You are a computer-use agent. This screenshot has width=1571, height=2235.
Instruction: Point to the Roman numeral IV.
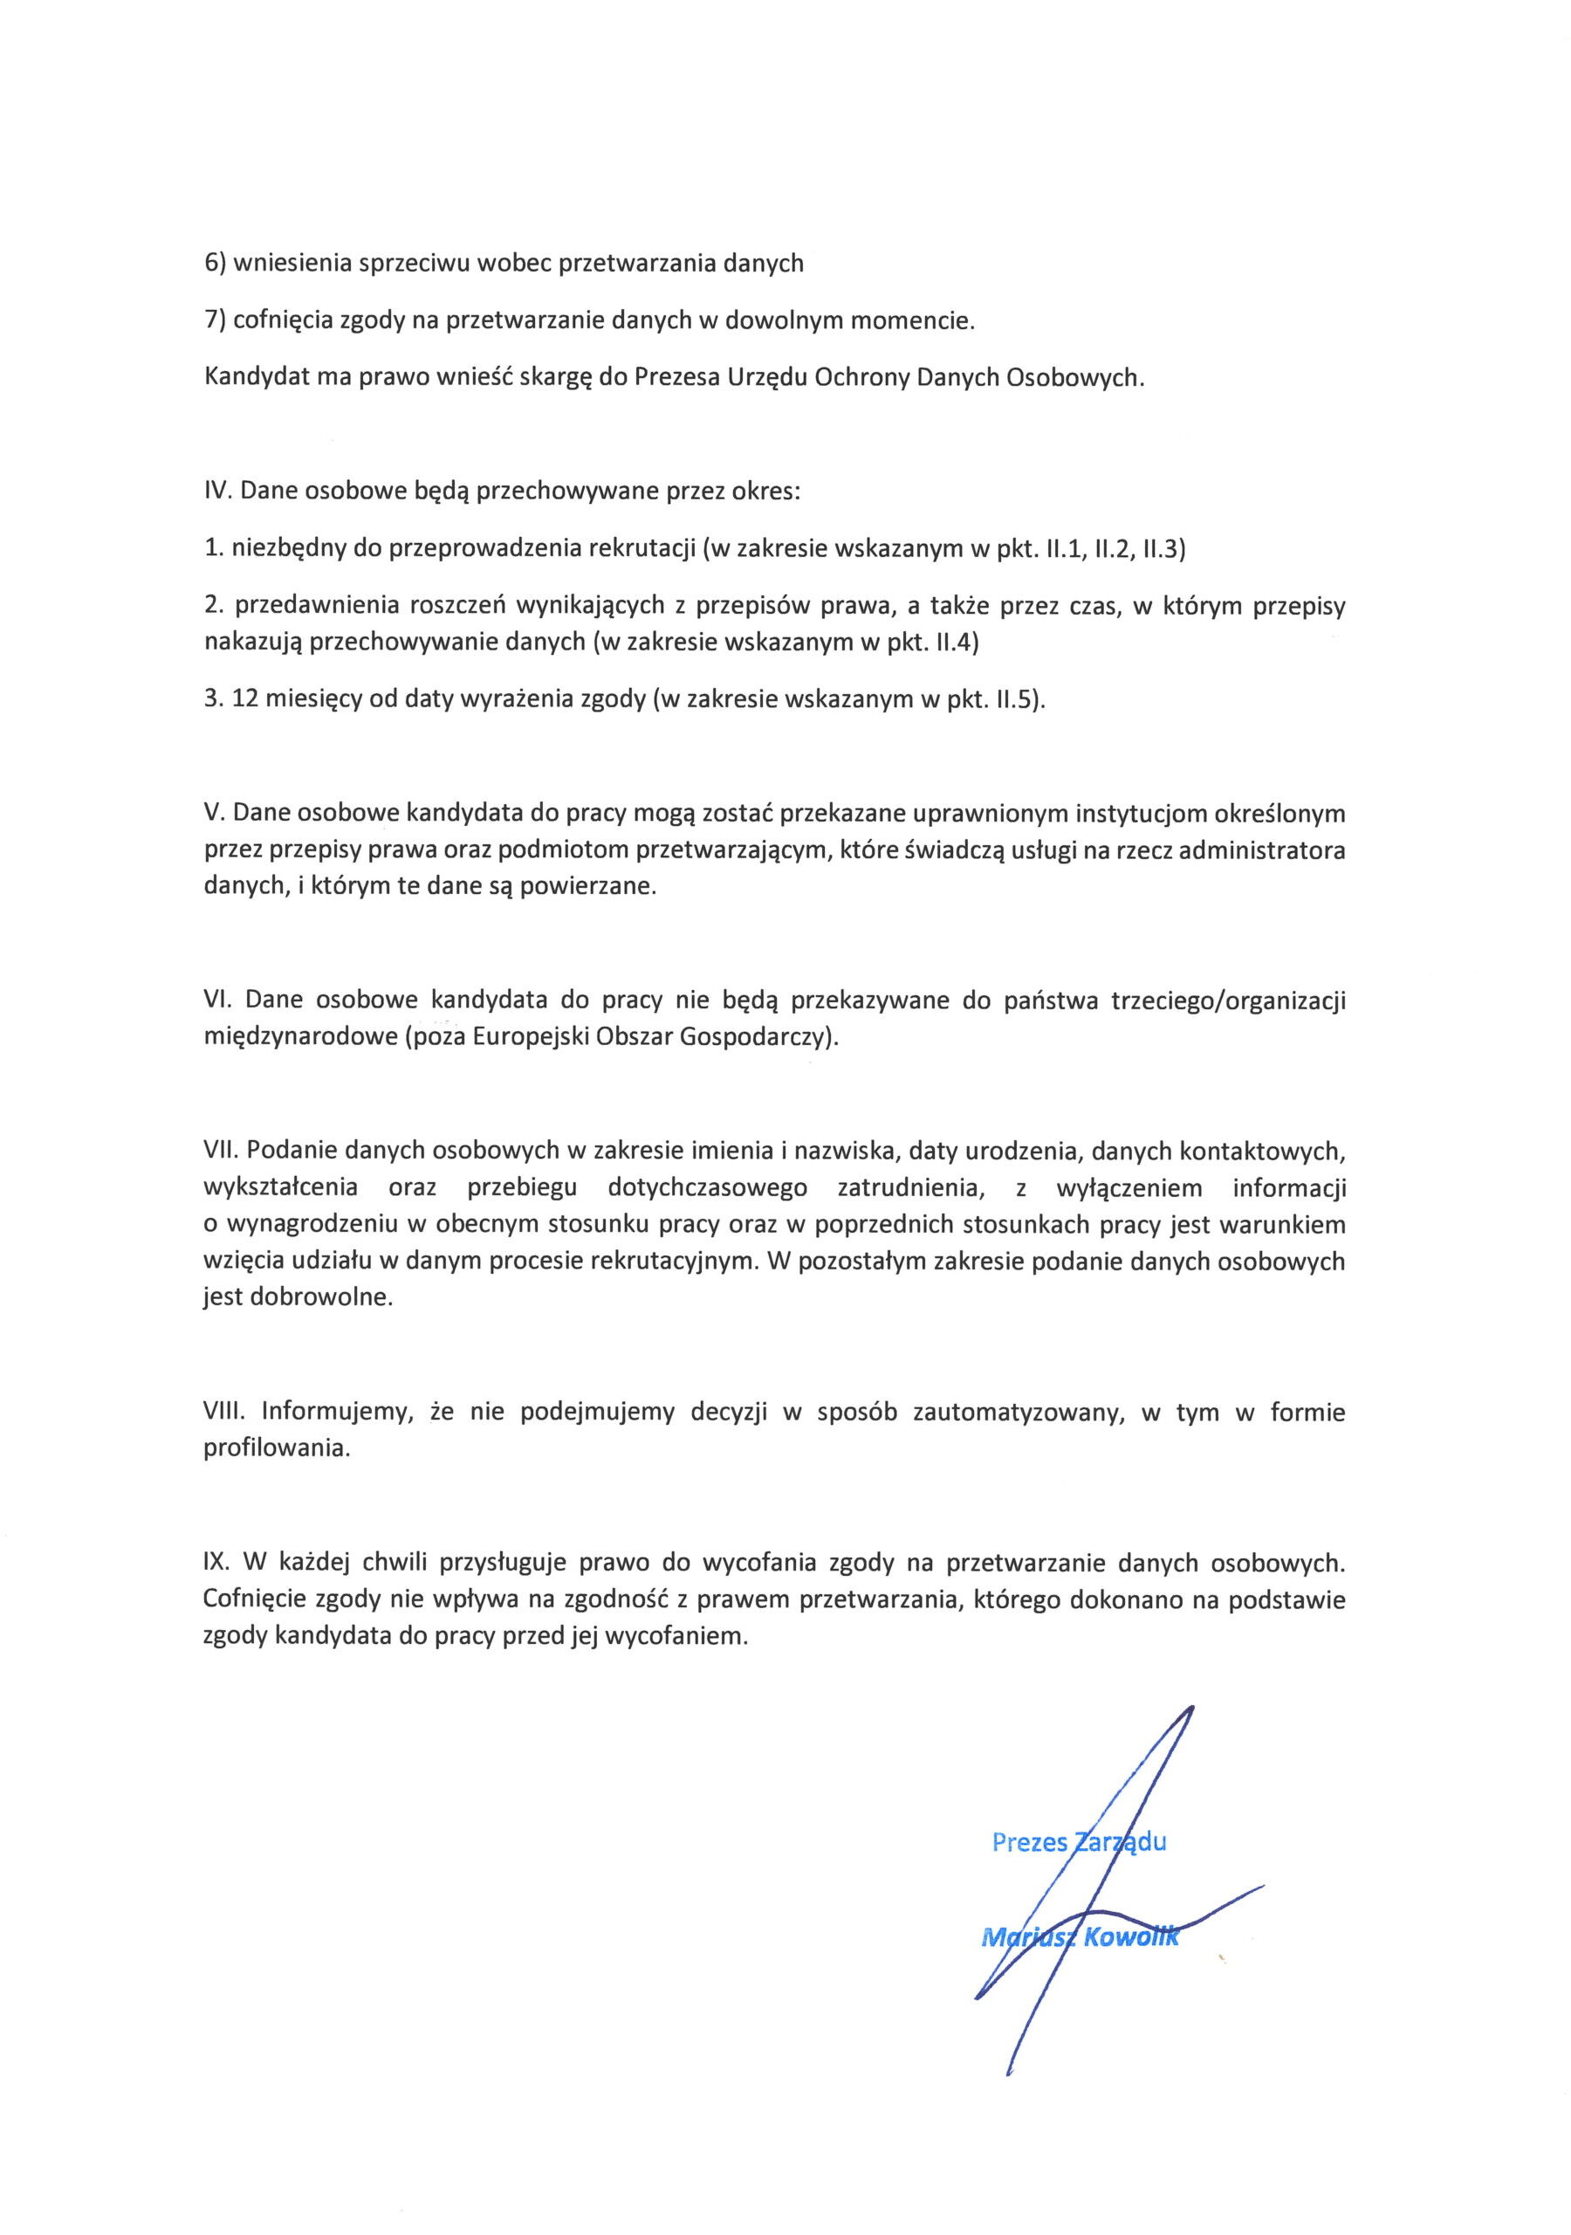coord(217,491)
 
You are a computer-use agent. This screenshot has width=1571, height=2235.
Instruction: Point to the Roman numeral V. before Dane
coord(214,813)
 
